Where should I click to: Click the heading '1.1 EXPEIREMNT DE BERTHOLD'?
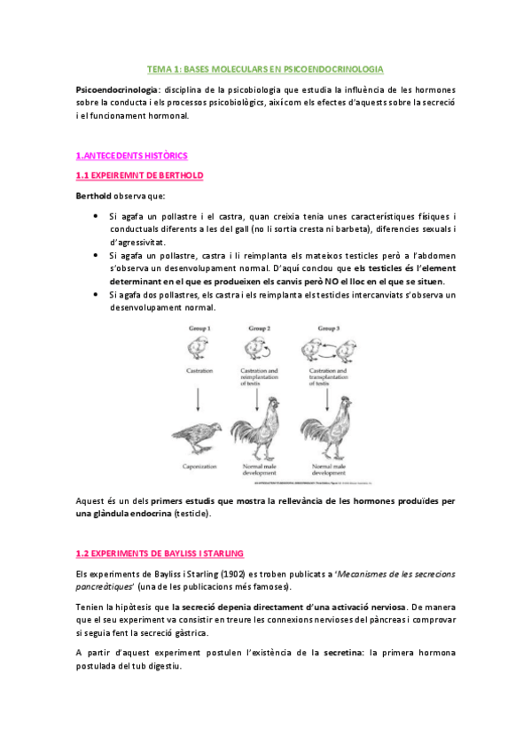click(x=139, y=175)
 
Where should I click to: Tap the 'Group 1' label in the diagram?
click(x=200, y=326)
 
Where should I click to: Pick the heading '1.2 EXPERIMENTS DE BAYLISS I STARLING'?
click(x=160, y=554)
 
